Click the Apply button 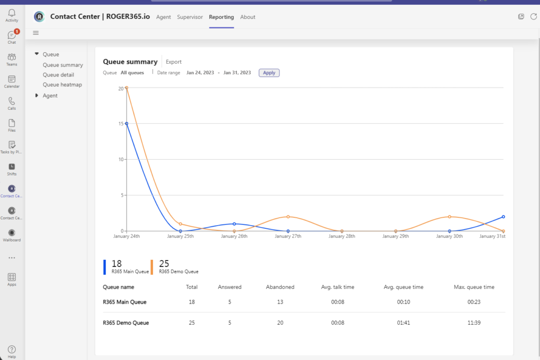(269, 73)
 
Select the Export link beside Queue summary (173, 62)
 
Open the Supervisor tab (190, 17)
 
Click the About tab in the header (248, 17)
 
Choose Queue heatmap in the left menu (62, 84)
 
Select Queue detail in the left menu (58, 75)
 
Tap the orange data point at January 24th (127, 87)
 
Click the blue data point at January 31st (504, 217)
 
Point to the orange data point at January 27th (288, 217)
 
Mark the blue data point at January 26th (234, 224)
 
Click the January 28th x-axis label (342, 236)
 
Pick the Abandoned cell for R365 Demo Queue (280, 323)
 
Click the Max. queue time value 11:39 (474, 323)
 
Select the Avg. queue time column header (403, 287)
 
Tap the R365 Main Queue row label (124, 302)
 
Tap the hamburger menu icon (36, 33)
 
